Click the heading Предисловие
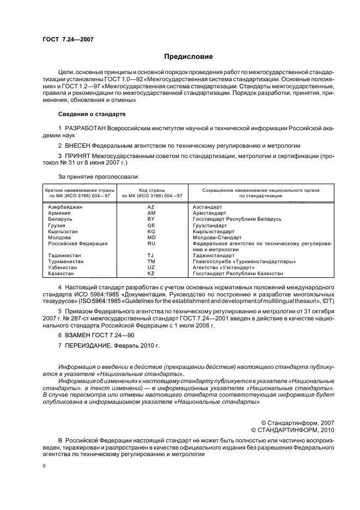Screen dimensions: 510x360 click(188, 56)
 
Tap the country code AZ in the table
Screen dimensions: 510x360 click(151, 208)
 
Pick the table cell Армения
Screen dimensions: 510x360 click(59, 213)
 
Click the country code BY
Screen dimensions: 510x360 click(151, 219)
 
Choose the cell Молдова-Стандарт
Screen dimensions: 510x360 click(217, 238)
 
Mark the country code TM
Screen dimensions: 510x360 click(151, 262)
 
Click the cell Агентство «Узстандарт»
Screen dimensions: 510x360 click(224, 268)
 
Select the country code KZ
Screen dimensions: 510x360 click(151, 274)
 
